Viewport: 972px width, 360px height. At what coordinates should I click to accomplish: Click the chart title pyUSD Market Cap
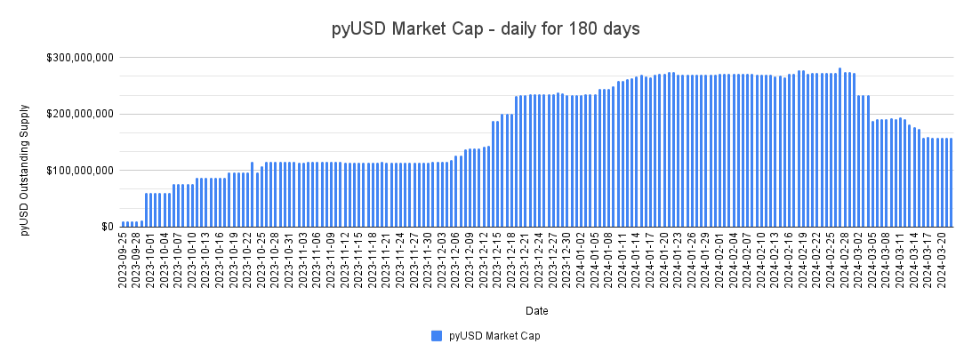tap(486, 29)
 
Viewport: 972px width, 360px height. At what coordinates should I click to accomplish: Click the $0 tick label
tap(105, 227)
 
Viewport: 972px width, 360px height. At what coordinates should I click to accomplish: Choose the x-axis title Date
tap(536, 311)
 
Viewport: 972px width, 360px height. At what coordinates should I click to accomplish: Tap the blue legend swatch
tap(436, 336)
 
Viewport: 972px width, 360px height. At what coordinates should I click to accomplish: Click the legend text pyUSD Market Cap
tap(494, 336)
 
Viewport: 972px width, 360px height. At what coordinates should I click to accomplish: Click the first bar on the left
tap(123, 224)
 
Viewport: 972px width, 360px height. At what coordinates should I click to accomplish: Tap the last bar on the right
tap(951, 182)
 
